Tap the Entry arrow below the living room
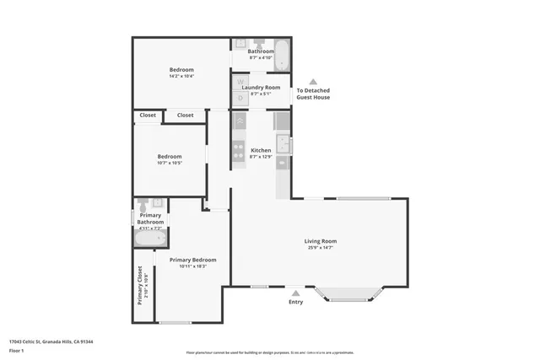point(295,293)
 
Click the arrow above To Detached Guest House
point(313,82)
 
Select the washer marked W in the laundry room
point(240,83)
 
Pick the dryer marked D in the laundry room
point(240,97)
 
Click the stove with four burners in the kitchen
point(240,153)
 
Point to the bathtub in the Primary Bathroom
point(150,237)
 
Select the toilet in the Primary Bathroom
point(144,205)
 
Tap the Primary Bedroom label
point(192,260)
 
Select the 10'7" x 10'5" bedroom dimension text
point(170,163)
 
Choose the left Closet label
point(148,115)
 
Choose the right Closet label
point(185,115)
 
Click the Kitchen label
point(261,150)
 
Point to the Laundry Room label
point(261,87)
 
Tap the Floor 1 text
point(17,350)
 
